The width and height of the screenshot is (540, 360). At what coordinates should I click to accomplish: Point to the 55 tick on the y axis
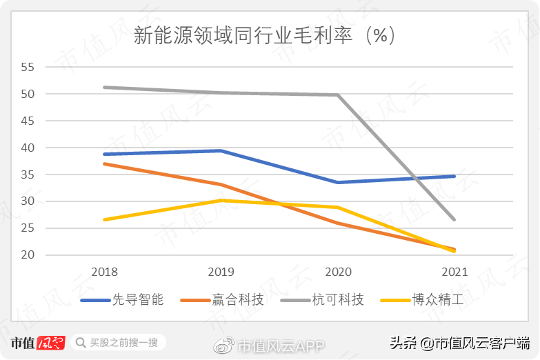pos(28,67)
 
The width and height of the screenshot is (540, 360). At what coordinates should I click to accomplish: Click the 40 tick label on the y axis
pos(28,148)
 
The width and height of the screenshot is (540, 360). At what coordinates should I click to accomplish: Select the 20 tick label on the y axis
pos(28,255)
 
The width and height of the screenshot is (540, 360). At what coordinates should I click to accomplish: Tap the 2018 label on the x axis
pos(104,272)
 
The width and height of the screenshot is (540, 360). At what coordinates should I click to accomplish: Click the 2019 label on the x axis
pos(221,272)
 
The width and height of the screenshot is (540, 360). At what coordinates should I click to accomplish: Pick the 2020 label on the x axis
pos(338,272)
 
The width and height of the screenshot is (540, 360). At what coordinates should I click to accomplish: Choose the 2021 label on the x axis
pos(454,272)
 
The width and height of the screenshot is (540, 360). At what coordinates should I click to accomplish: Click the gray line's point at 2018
pos(104,88)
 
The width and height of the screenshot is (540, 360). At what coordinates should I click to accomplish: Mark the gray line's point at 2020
pos(338,95)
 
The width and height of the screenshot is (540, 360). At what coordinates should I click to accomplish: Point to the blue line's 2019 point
pos(221,150)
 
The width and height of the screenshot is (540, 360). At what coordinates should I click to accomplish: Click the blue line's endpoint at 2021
pos(454,176)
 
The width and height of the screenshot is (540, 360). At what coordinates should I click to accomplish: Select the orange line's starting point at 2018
pos(104,163)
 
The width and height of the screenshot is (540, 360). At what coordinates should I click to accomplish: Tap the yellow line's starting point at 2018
pos(104,219)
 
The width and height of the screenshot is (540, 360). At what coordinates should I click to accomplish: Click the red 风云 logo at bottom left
pos(50,342)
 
